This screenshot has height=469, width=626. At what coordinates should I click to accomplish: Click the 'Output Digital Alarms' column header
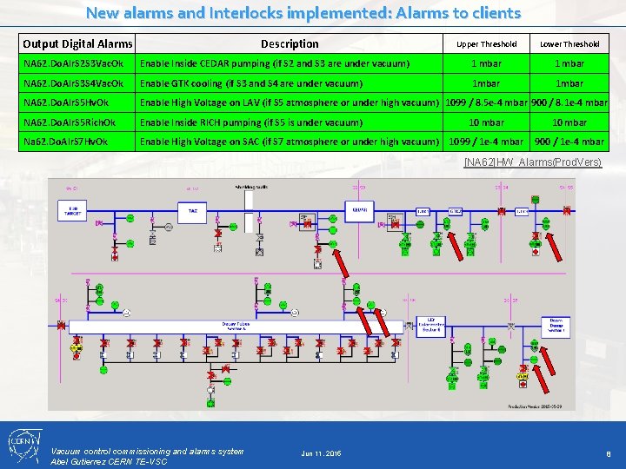[x=77, y=43]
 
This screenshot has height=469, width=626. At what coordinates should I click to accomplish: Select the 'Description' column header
[x=290, y=43]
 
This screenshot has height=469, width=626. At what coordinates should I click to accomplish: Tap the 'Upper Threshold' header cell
[x=486, y=43]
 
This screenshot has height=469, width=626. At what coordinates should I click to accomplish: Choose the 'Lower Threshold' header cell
[x=569, y=43]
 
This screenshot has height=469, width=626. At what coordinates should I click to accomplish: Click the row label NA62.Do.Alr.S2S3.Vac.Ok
[x=74, y=63]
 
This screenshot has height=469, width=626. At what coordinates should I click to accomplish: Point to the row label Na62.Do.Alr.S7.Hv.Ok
[x=66, y=142]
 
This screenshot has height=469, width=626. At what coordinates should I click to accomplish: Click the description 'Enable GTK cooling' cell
[x=251, y=83]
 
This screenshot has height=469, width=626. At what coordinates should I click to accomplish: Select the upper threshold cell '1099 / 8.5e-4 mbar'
[x=486, y=102]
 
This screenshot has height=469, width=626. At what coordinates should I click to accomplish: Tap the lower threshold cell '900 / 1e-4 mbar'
[x=569, y=142]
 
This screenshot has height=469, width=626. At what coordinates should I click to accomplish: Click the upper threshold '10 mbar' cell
[x=486, y=122]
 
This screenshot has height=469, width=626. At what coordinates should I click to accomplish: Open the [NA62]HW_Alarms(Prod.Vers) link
[x=533, y=162]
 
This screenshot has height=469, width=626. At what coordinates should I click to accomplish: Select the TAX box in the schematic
[x=193, y=210]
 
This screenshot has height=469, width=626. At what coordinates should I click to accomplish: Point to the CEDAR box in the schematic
[x=359, y=209]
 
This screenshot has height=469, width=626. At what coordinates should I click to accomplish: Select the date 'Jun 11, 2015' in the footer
[x=321, y=454]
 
